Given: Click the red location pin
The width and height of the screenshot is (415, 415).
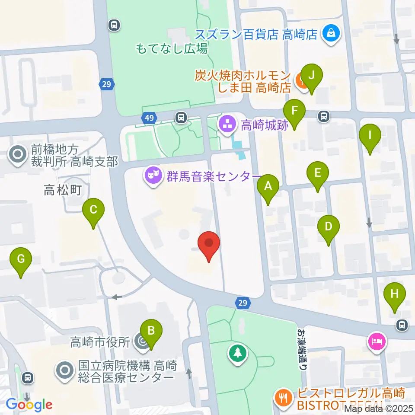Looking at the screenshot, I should click(x=209, y=245).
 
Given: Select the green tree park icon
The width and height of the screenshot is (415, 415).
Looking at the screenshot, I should click(x=237, y=353).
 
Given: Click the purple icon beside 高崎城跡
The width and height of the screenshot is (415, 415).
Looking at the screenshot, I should click(x=228, y=125).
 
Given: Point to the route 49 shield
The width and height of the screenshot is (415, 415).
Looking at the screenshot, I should click(x=149, y=118).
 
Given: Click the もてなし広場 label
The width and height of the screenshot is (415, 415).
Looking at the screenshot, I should click(x=172, y=48).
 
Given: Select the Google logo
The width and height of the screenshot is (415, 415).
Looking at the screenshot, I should click(x=29, y=405).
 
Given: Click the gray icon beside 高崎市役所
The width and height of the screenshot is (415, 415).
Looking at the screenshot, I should click(x=141, y=342).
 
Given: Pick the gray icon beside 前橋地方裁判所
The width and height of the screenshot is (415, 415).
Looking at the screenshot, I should click(x=18, y=156).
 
